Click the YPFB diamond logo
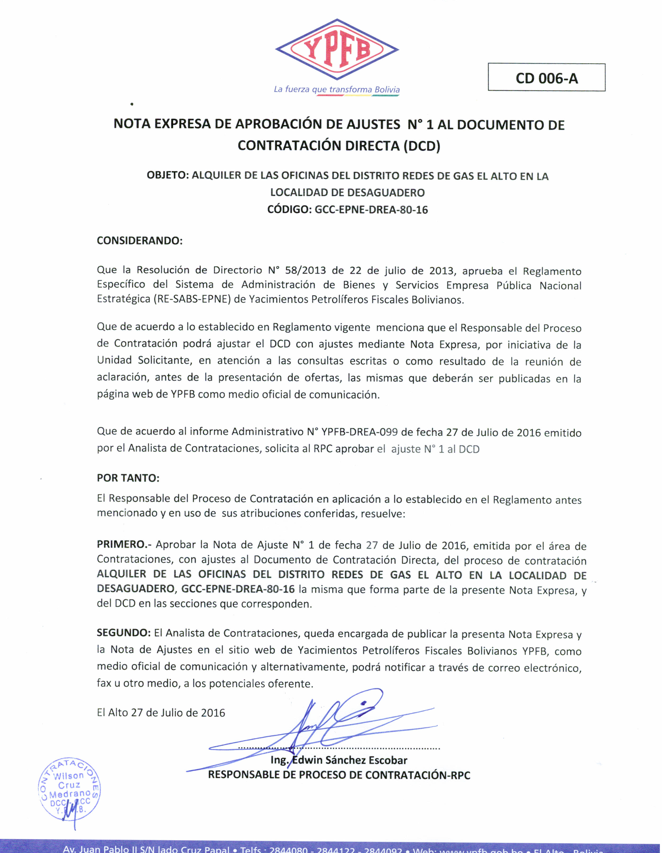[337, 50]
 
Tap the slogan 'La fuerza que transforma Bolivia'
[337, 90]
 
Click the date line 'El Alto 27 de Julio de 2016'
[161, 713]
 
